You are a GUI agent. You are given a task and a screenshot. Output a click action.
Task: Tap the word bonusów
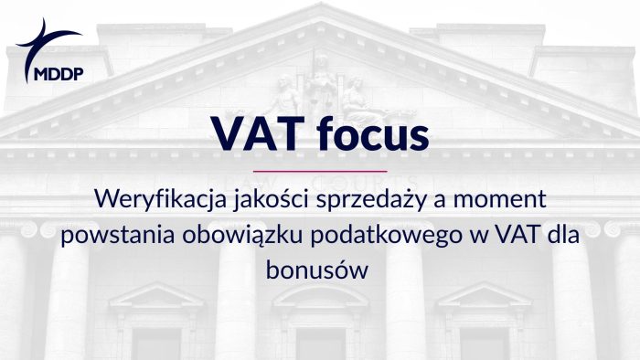coord(319,270)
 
